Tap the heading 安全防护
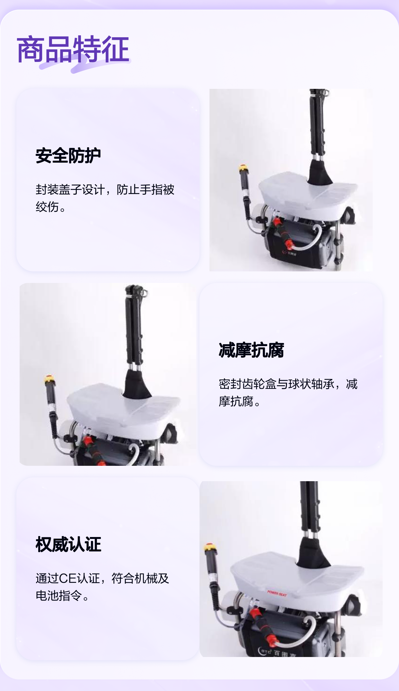(68, 156)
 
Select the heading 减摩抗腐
(251, 350)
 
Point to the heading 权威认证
(68, 544)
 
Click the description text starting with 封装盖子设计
(105, 198)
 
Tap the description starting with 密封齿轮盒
(288, 392)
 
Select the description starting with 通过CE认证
(102, 587)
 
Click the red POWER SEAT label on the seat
(277, 593)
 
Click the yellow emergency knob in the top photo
(244, 168)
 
